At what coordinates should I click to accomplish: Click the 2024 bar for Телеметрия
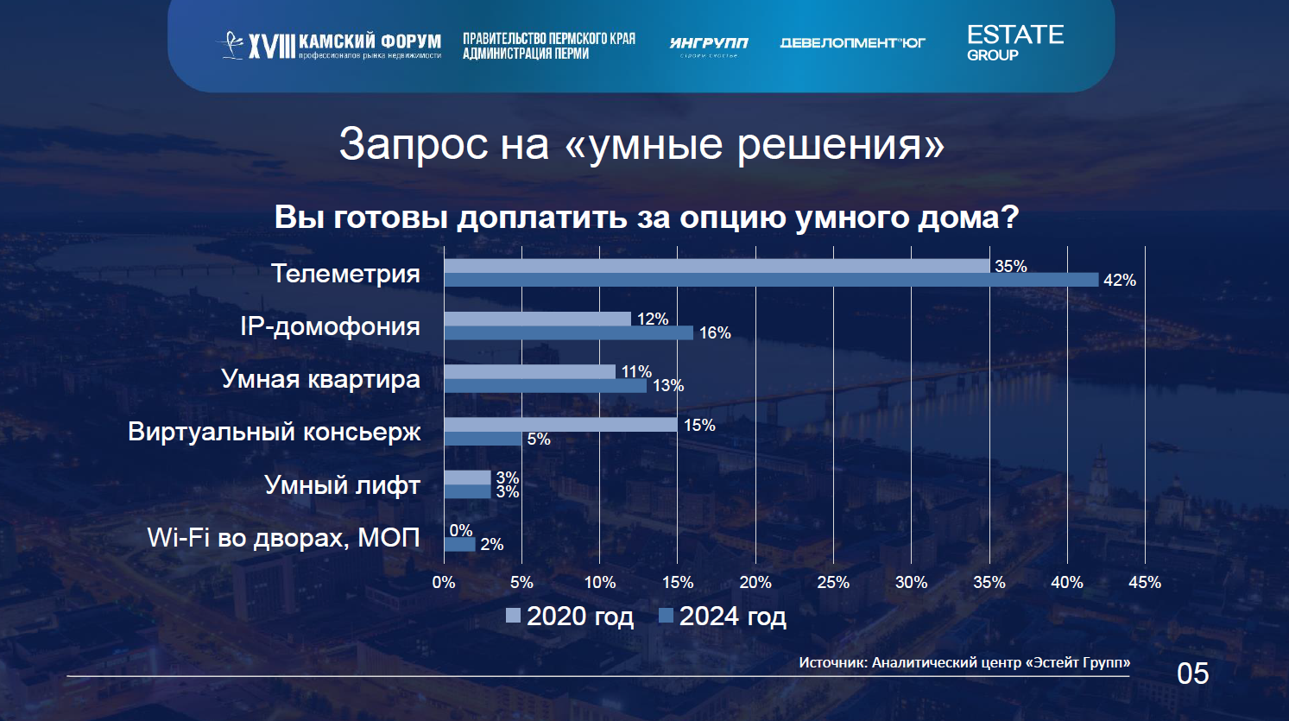pos(771,280)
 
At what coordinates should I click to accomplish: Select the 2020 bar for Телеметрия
pos(717,266)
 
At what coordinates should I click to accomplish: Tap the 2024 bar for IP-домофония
pos(568,332)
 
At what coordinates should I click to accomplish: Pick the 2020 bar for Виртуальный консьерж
pos(560,425)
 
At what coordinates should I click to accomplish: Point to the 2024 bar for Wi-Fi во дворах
pos(459,544)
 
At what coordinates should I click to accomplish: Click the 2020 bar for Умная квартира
pos(529,371)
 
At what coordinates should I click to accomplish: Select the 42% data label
pos(1119,281)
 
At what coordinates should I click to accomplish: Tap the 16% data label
pos(714,333)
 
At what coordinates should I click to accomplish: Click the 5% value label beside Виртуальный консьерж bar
pos(538,440)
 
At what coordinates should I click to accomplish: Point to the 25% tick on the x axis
pos(833,583)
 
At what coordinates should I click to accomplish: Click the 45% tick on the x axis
pos(1144,583)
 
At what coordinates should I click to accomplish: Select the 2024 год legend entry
pos(723,617)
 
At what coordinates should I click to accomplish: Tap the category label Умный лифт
pos(342,485)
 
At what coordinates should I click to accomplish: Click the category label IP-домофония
pos(330,326)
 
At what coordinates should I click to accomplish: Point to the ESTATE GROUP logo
pos(1014,42)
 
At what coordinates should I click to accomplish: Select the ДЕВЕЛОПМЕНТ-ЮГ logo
pos(852,43)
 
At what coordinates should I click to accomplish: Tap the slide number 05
pos(1192,674)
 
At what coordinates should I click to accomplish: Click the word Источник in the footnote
pos(831,662)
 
